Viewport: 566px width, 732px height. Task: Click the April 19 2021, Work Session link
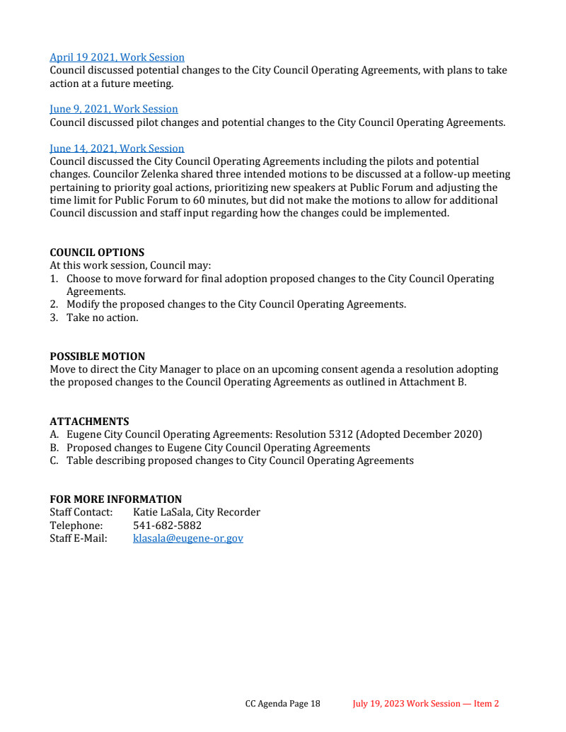117,57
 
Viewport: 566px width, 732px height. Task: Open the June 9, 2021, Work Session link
113,109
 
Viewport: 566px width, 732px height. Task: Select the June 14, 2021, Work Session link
117,149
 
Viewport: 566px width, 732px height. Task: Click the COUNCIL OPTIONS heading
97,252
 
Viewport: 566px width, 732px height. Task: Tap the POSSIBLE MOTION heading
97,356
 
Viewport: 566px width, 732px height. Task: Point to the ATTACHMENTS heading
89,422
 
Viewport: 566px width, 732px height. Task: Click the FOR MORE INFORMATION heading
115,499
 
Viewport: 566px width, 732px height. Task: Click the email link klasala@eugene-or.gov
187,538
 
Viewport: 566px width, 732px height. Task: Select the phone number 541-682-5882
167,525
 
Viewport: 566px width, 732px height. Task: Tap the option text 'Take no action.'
103,318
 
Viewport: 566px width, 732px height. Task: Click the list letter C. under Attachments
54,460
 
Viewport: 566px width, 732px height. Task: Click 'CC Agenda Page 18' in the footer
282,704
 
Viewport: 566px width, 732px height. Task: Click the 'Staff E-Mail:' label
78,538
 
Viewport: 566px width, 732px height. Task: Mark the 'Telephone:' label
76,525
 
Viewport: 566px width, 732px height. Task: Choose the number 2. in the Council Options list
54,304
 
